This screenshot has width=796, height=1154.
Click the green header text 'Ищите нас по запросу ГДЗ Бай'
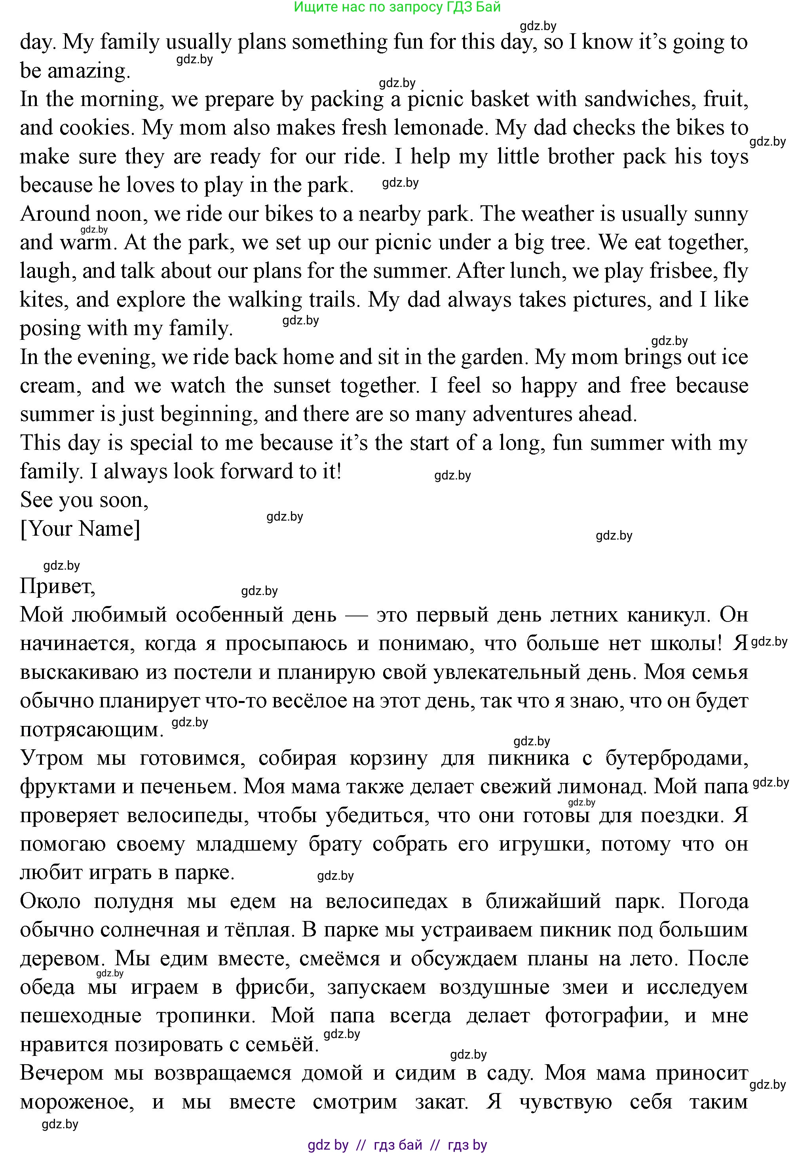tap(397, 7)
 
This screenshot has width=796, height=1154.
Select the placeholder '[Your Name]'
tap(80, 529)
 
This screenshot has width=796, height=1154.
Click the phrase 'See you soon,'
tap(84, 500)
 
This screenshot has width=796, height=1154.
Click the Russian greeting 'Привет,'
tap(57, 587)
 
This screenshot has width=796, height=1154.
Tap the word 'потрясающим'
tap(91, 730)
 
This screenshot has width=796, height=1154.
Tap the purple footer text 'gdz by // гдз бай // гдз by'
tap(397, 1145)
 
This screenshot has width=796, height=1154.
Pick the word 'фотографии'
tap(606, 1016)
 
